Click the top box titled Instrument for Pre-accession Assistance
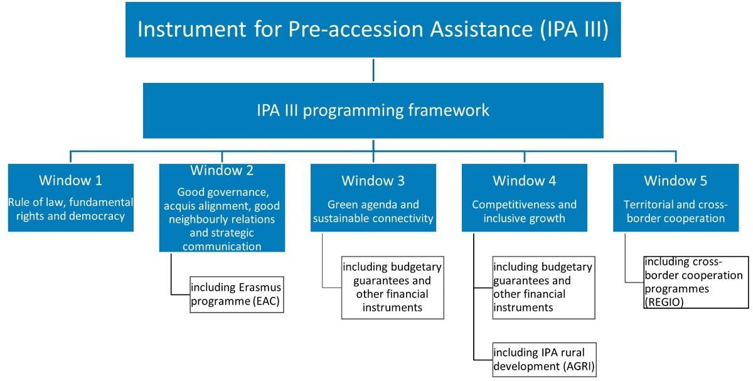coord(373,30)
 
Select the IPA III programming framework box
coord(373,110)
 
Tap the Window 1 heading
coord(70,181)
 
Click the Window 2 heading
coord(222,170)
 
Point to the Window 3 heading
coord(373,181)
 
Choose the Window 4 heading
coord(524,181)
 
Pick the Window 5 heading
coord(675,181)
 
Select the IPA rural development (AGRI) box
coord(543,360)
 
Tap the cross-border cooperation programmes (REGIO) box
coord(695,282)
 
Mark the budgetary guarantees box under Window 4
coord(543,287)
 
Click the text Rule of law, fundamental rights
coord(70,210)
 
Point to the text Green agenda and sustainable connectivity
coord(373,212)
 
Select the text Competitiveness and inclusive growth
coord(524,212)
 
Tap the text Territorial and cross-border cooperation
coord(675,212)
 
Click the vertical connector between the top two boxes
coord(373,71)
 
